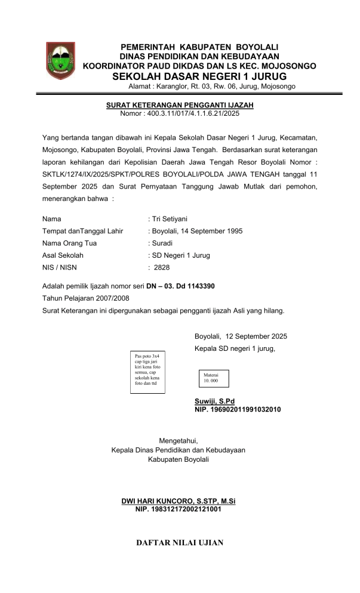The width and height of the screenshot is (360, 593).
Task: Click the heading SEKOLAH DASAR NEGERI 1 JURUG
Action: (x=199, y=76)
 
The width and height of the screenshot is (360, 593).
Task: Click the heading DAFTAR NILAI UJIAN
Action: (x=180, y=542)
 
